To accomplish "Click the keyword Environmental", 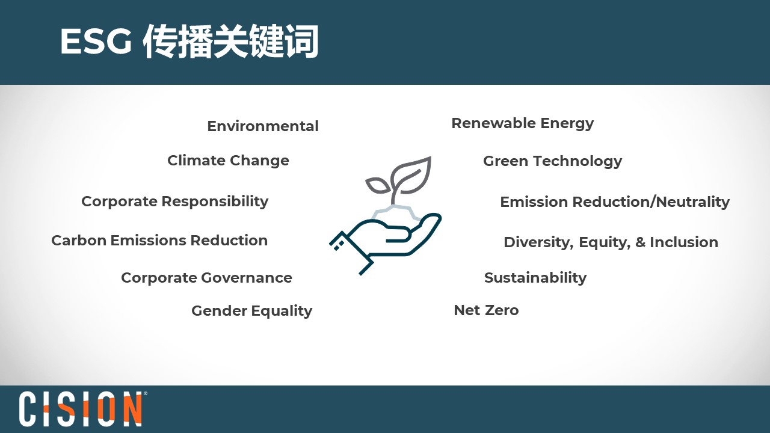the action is click(x=263, y=126).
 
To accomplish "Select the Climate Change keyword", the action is click(x=228, y=161).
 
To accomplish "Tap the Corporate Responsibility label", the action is click(x=174, y=201).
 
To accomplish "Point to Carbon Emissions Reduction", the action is click(x=159, y=240).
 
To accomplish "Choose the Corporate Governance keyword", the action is click(x=206, y=278).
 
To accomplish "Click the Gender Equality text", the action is click(x=251, y=311).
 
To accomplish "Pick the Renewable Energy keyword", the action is click(x=523, y=124).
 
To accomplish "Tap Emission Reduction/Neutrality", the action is click(x=615, y=202).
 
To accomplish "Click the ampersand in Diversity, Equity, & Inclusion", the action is click(x=640, y=242).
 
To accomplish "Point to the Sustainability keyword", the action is click(x=535, y=278).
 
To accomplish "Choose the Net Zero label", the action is click(x=486, y=310).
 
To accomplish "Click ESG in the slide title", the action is click(x=96, y=41).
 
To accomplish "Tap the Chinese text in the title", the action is click(x=230, y=41).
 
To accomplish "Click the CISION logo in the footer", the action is click(x=81, y=408).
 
